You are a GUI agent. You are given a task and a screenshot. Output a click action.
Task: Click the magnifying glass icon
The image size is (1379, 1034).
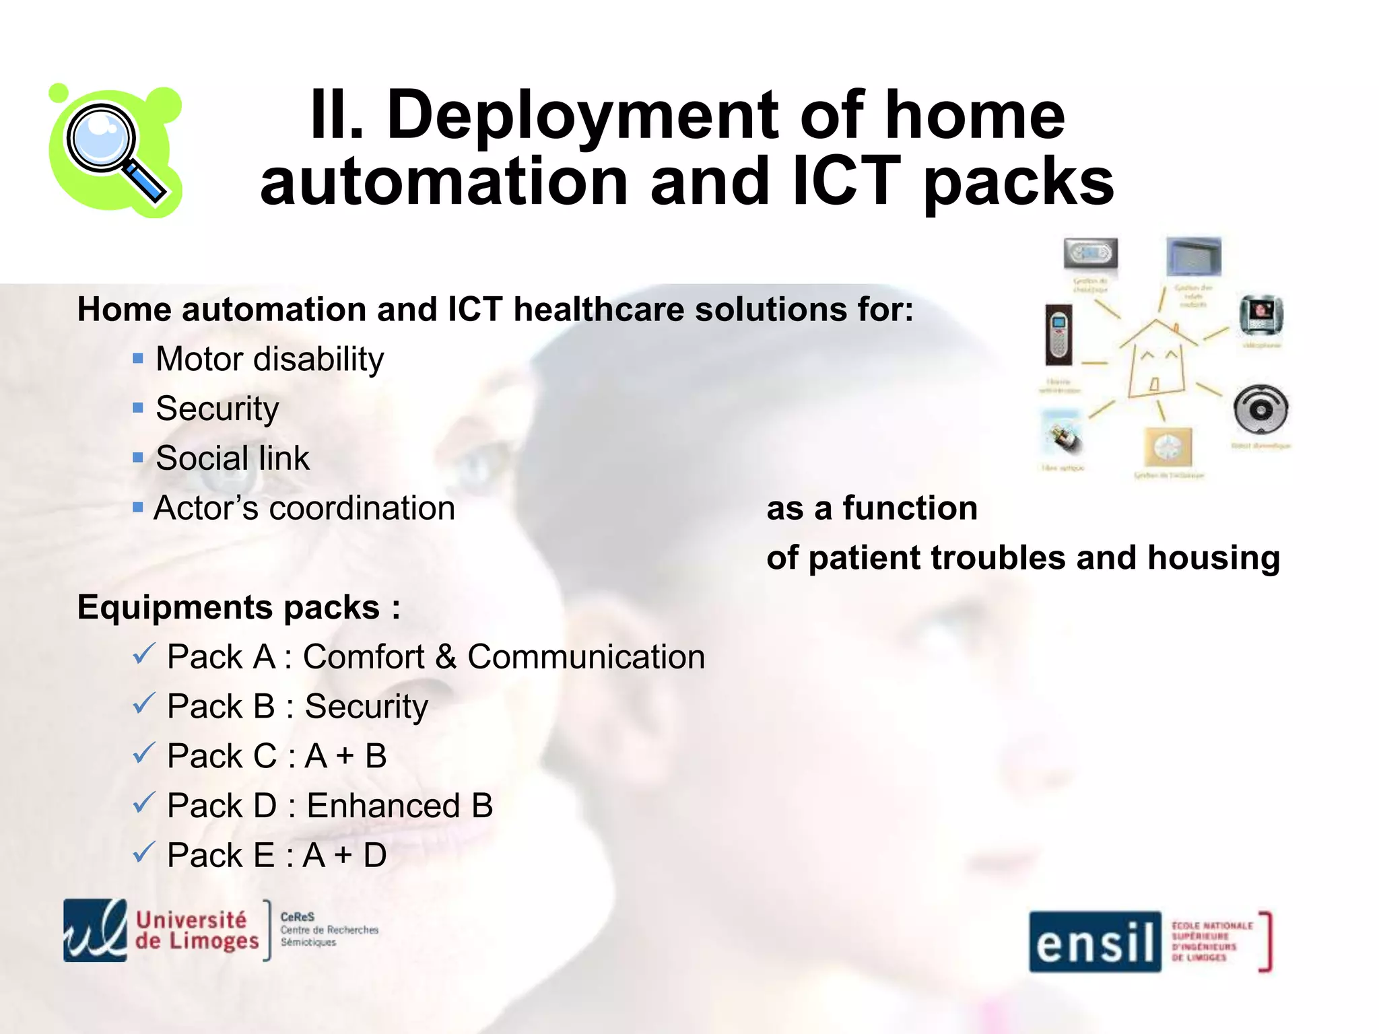click(x=114, y=151)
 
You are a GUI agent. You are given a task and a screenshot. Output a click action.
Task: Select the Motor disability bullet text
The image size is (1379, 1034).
click(x=269, y=359)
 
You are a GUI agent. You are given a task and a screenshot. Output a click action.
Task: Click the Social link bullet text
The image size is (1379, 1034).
click(x=232, y=458)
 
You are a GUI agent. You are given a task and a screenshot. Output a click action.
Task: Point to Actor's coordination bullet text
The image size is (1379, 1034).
click(x=304, y=508)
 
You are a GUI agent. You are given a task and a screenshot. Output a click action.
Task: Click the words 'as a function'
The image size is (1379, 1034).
click(x=872, y=508)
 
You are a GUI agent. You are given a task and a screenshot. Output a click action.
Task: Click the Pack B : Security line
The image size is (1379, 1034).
click(x=297, y=707)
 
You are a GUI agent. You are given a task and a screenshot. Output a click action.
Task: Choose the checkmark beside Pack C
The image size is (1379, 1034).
click(x=143, y=753)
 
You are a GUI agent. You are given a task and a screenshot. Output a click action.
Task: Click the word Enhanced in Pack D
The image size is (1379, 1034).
click(x=383, y=806)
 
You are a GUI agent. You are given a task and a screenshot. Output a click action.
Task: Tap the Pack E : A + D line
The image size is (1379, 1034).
click(x=276, y=856)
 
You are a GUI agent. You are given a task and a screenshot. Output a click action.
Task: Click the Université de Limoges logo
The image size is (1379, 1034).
click(x=162, y=930)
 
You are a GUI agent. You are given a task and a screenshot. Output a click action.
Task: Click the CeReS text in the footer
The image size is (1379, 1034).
click(x=297, y=917)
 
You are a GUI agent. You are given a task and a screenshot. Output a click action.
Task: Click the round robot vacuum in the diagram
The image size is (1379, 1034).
click(x=1260, y=409)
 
